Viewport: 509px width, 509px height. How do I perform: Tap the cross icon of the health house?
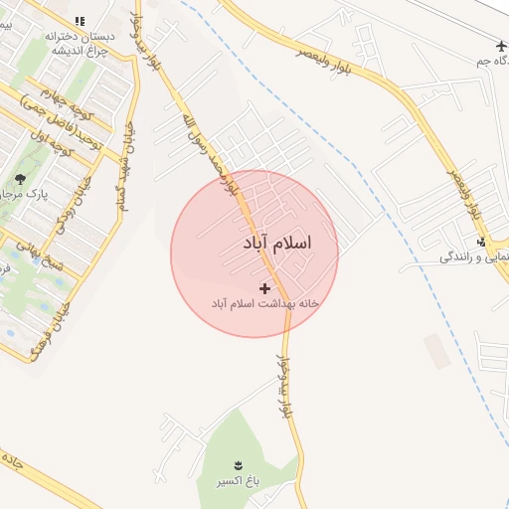[x=263, y=287]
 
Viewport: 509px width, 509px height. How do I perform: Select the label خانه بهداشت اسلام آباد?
[x=263, y=302]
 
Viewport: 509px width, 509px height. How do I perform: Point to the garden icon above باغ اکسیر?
[x=238, y=465]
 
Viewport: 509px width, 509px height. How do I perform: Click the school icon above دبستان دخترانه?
[x=80, y=21]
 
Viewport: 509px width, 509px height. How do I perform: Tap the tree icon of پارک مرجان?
[x=22, y=179]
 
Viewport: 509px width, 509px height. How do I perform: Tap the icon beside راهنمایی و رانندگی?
[x=482, y=242]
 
